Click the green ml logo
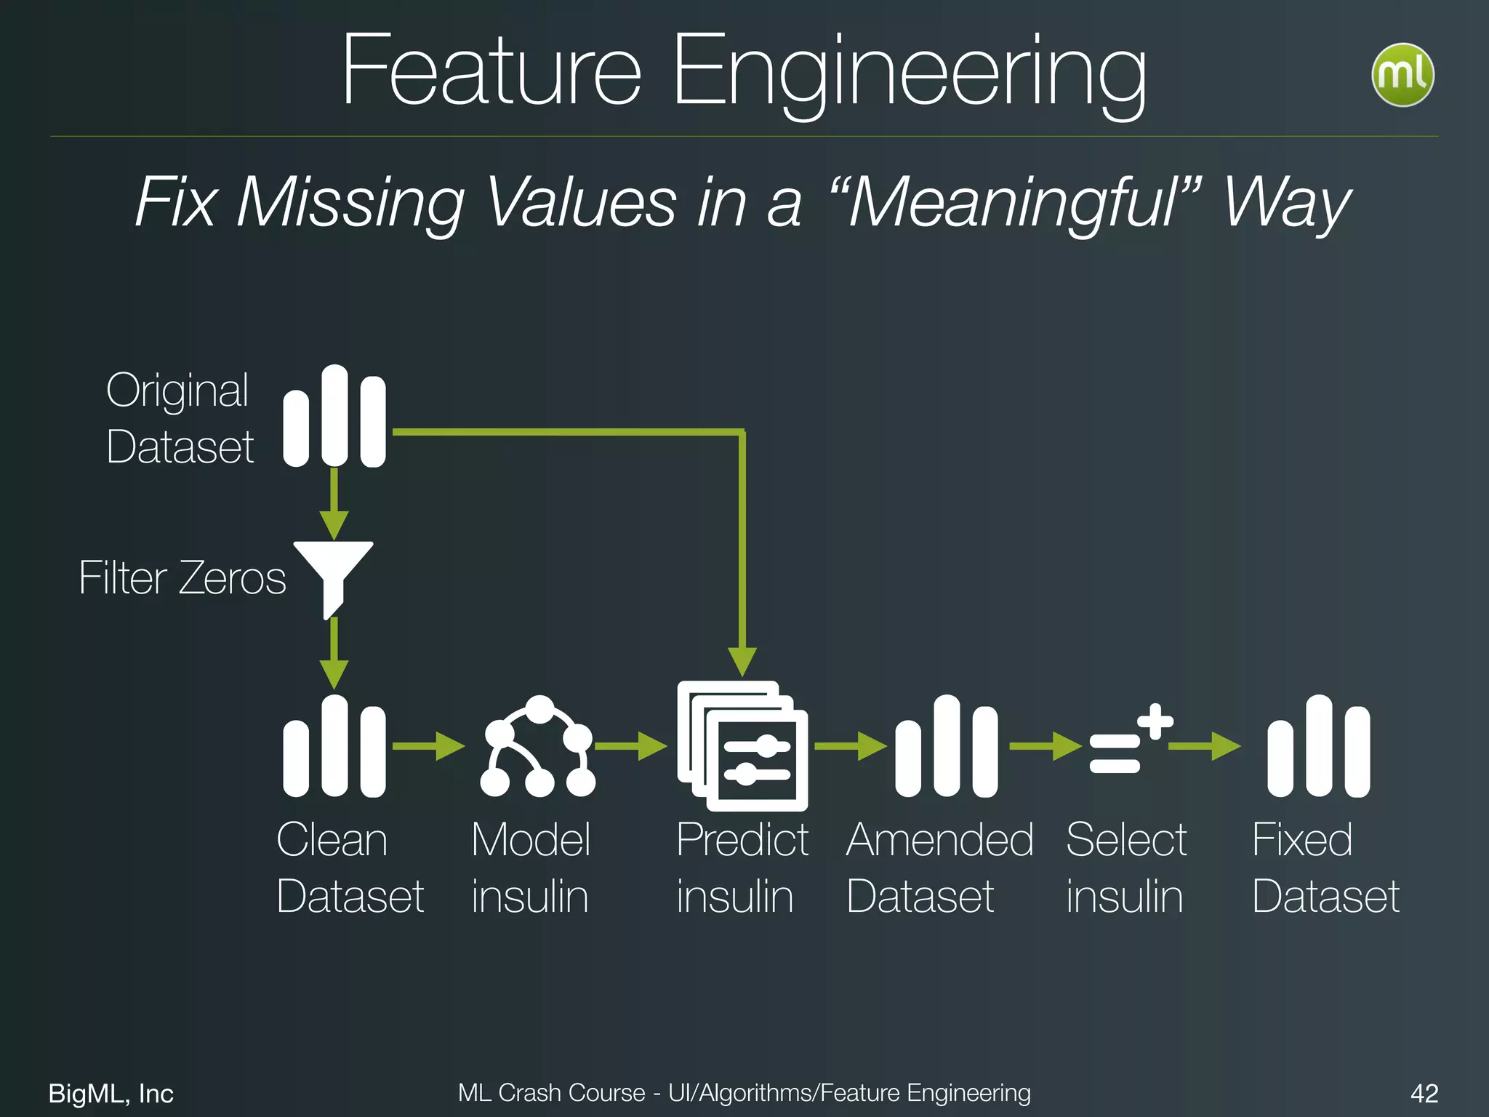1402,75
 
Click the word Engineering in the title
909,73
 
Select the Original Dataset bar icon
334,417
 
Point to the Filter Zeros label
182,578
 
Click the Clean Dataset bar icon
334,747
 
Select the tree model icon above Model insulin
538,747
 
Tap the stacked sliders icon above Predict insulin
742,747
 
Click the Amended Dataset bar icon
947,747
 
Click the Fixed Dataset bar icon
1318,747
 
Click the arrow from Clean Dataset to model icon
429,746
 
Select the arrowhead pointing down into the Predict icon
742,660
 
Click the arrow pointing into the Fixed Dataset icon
1207,746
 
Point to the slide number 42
1424,1093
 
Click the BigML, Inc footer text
111,1093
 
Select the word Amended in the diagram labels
939,840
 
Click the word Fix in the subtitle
175,203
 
